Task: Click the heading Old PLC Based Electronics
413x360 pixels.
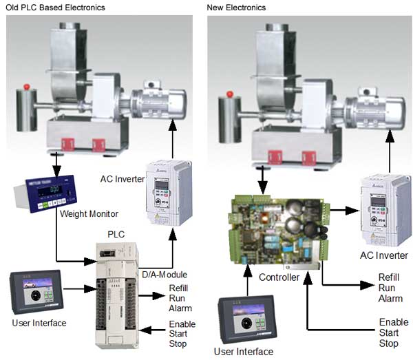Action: [x=53, y=8]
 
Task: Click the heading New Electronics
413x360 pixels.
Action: [x=236, y=8]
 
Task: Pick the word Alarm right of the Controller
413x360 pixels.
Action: [x=389, y=298]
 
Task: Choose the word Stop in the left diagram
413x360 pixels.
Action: [x=178, y=343]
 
